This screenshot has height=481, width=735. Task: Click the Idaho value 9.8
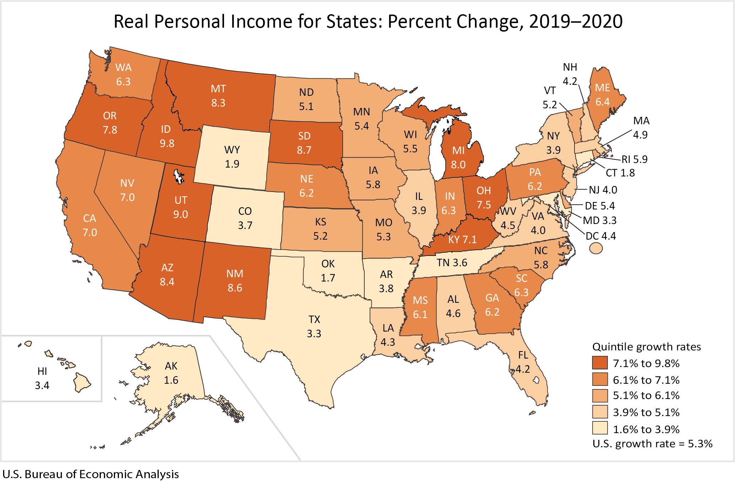(x=167, y=143)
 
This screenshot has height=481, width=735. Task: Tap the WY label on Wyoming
(x=232, y=150)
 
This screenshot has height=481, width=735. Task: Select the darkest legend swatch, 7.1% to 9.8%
(x=600, y=363)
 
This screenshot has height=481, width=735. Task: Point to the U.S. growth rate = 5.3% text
(x=652, y=444)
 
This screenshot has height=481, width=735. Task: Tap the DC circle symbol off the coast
(x=596, y=248)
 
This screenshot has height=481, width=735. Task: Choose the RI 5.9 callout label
(x=634, y=159)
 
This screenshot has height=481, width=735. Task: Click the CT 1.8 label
(x=620, y=173)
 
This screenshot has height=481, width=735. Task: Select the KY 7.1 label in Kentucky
(x=462, y=240)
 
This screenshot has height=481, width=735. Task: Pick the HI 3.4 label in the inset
(x=42, y=378)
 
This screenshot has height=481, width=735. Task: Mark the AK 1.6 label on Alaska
(x=171, y=373)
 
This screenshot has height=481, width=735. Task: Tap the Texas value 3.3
(x=314, y=334)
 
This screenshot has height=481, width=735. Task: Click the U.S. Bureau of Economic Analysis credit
(x=91, y=474)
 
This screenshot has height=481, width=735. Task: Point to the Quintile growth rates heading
(x=647, y=347)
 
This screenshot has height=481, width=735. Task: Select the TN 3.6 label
(x=452, y=263)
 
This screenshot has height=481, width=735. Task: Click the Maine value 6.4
(x=603, y=102)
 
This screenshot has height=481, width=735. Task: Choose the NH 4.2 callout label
(x=570, y=74)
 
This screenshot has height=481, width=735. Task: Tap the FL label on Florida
(x=523, y=355)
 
